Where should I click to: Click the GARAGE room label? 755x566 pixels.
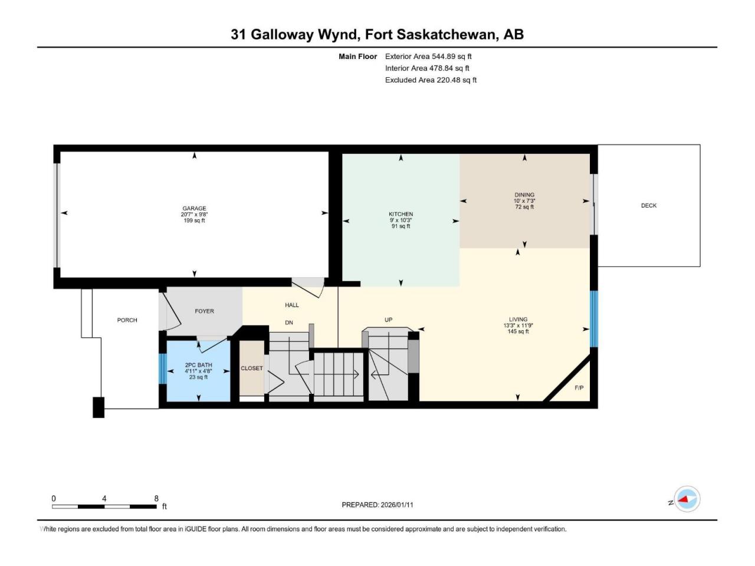[194, 208]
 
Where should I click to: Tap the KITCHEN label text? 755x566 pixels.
[401, 214]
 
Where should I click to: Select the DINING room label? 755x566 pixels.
[524, 195]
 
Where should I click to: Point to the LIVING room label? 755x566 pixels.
[518, 319]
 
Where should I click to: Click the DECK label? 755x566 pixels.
[649, 206]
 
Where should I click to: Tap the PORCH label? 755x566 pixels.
[127, 320]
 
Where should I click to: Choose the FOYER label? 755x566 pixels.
[204, 311]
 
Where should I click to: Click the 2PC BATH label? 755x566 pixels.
[198, 365]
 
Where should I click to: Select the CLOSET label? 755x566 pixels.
[252, 368]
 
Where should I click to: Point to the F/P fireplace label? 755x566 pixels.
[579, 387]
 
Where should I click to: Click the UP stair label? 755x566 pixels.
[388, 320]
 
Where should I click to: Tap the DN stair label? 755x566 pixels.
[289, 323]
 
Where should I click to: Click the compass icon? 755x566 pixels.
[687, 499]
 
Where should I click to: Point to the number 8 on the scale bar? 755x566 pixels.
[156, 498]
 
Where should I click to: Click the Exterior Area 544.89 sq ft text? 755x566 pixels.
[428, 57]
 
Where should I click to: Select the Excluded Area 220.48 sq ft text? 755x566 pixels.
[431, 80]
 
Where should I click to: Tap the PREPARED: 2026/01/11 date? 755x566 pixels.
[377, 505]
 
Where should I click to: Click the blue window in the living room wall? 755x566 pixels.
[594, 319]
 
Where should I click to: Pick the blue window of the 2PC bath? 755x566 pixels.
[163, 368]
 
